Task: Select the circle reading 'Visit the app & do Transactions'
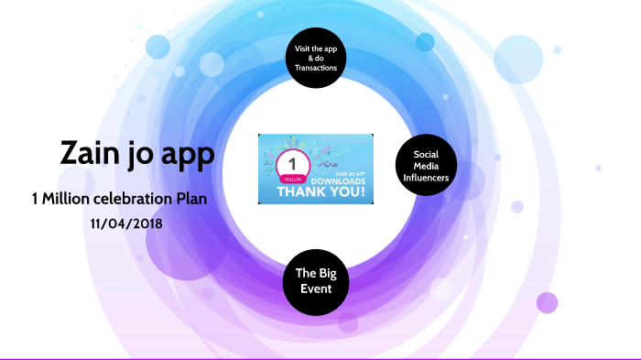pyautogui.click(x=316, y=57)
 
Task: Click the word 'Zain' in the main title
pyautogui.click(x=91, y=153)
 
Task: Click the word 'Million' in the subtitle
pyautogui.click(x=68, y=199)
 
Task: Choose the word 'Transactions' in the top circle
pyautogui.click(x=316, y=68)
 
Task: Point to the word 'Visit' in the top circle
pyautogui.click(x=305, y=47)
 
